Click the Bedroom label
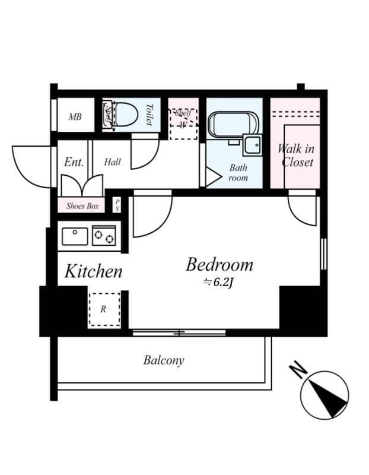click(220, 264)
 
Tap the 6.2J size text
click(218, 283)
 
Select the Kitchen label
click(93, 271)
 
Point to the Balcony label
click(164, 360)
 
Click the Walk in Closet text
click(297, 156)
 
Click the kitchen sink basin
click(75, 236)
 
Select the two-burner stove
click(104, 235)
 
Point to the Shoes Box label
click(82, 206)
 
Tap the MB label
click(75, 116)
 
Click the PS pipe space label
click(117, 205)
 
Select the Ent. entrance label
click(74, 162)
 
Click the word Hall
click(112, 162)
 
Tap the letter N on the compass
click(298, 369)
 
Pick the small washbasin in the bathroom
click(253, 145)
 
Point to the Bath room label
click(238, 173)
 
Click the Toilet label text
click(149, 115)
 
